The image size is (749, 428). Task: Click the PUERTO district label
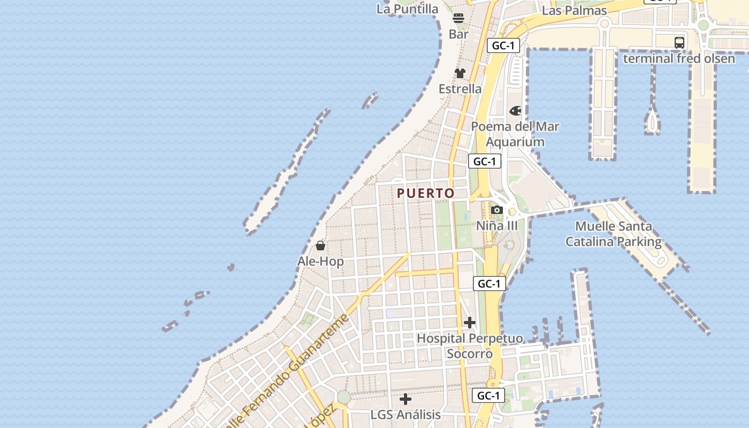pos(426,193)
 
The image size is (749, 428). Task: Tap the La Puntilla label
pos(408,9)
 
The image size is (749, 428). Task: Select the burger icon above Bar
pos(458,18)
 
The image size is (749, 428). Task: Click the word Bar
pos(458,34)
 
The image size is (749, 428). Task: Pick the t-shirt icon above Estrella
pos(460,73)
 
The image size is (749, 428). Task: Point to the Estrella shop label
pos(460,89)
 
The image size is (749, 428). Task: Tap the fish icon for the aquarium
pos(515,111)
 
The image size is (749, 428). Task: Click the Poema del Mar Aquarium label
pos(515,134)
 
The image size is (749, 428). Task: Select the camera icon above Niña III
pos(497,210)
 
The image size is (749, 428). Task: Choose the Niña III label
pos(497,226)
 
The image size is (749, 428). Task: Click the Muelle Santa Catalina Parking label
pos(614,234)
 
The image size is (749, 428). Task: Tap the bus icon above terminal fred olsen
pos(679,43)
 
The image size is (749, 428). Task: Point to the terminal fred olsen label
pos(679,58)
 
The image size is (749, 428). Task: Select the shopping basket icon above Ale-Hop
pos(320,246)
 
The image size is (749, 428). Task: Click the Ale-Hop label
pos(320,262)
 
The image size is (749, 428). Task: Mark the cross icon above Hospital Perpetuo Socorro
pos(470,323)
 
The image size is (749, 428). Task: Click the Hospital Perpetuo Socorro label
pos(470,346)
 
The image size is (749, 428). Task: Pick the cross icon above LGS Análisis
pos(406,399)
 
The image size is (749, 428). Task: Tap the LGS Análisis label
pos(406,415)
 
